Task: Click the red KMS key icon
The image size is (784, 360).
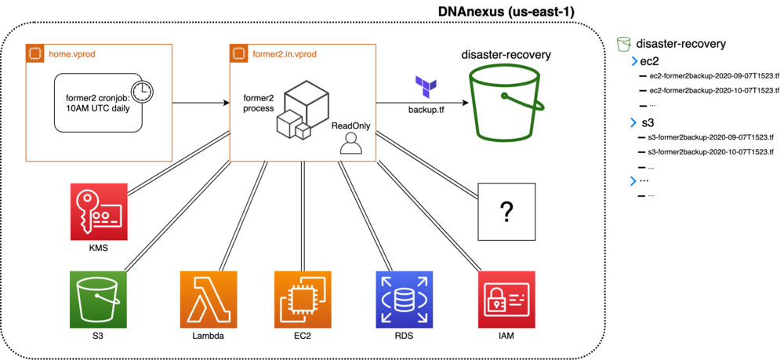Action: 98,211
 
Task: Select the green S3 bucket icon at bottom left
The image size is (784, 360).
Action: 98,299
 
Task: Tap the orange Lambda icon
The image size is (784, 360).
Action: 208,299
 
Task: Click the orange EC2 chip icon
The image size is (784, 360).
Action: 302,299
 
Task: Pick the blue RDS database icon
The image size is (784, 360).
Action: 405,299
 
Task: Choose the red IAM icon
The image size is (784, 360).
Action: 506,299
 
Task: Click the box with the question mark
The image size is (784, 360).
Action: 506,211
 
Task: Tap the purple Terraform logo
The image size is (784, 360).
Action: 426,86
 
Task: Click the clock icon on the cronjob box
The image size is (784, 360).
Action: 142,92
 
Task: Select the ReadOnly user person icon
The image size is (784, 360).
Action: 350,143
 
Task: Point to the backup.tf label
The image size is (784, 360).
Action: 426,109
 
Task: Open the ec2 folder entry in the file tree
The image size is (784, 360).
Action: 650,61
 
